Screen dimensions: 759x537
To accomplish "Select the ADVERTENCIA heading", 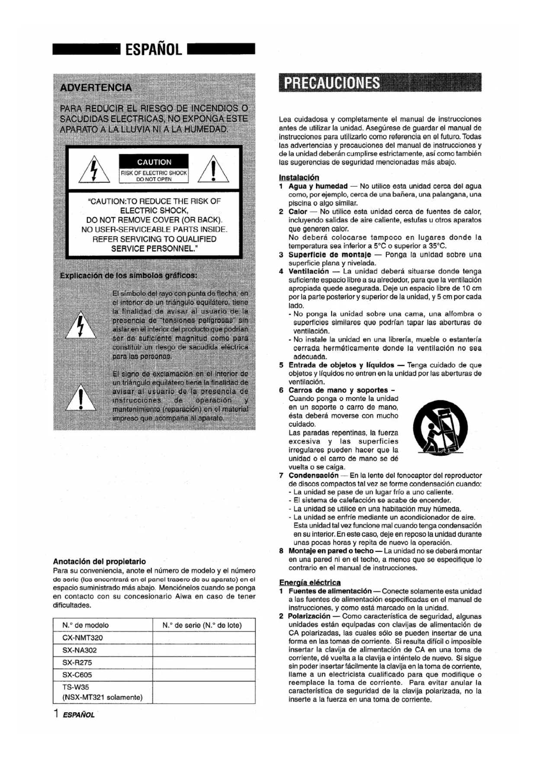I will tap(96, 87).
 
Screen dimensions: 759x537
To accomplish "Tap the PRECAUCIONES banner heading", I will tap(329, 83).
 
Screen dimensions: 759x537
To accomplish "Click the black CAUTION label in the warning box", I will tap(154, 162).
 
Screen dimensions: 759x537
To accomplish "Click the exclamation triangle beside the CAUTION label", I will tap(213, 170).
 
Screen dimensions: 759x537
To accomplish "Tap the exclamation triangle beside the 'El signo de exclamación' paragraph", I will tap(80, 399).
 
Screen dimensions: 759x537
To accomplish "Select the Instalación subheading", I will tap(299, 177).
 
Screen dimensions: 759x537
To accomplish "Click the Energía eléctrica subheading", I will tap(310, 582).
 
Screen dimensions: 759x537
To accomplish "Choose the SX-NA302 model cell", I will tap(80, 650).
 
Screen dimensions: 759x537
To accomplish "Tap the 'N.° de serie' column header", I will tap(202, 625).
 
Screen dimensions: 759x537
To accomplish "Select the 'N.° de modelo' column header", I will tap(86, 625).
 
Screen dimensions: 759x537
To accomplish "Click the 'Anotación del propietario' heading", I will tap(100, 562).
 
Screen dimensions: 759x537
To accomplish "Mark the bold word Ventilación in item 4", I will tap(309, 271).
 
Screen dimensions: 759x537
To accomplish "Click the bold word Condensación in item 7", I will tap(313, 475).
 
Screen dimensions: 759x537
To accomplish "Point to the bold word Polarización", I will tap(309, 616).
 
